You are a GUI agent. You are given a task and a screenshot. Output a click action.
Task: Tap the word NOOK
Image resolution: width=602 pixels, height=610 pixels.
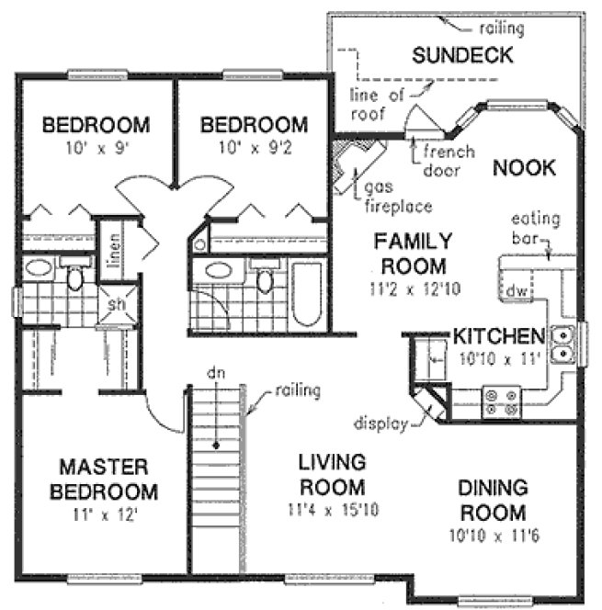pos(524,168)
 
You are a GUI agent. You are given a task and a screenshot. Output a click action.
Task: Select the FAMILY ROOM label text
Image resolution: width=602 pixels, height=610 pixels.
pos(413,254)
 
